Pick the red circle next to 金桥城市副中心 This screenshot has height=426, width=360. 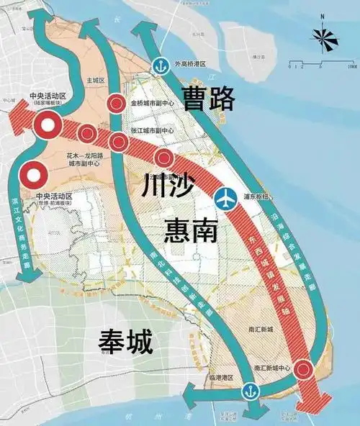(116, 104)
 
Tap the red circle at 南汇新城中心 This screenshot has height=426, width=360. (305, 370)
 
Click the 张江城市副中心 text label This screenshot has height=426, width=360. (152, 130)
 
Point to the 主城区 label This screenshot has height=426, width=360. (96, 81)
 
